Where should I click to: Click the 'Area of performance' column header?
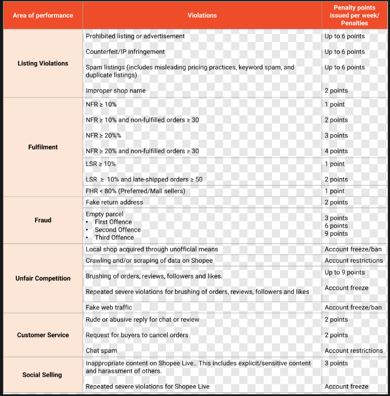[x=43, y=15]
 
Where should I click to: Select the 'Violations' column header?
[x=202, y=15]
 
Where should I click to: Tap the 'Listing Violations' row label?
[x=43, y=64]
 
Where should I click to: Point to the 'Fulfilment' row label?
[x=43, y=147]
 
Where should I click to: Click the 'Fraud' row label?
[x=43, y=220]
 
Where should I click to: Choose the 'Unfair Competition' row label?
[x=43, y=278]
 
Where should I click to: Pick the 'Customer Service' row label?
[x=43, y=335]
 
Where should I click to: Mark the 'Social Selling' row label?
[x=43, y=375]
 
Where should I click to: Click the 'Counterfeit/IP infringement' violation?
[x=125, y=52]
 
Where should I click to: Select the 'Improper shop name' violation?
[x=116, y=91]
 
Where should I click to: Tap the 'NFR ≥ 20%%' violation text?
[x=103, y=135]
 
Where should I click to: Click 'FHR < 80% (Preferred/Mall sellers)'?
[x=135, y=191]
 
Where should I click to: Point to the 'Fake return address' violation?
[x=114, y=202]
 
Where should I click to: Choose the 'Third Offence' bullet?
[x=114, y=237]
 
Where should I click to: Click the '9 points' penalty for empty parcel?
[x=336, y=234]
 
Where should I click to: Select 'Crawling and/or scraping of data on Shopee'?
[x=149, y=261]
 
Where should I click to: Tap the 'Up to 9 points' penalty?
[x=345, y=272]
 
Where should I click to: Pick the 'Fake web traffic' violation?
[x=109, y=307]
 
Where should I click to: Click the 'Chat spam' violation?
[x=101, y=351]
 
